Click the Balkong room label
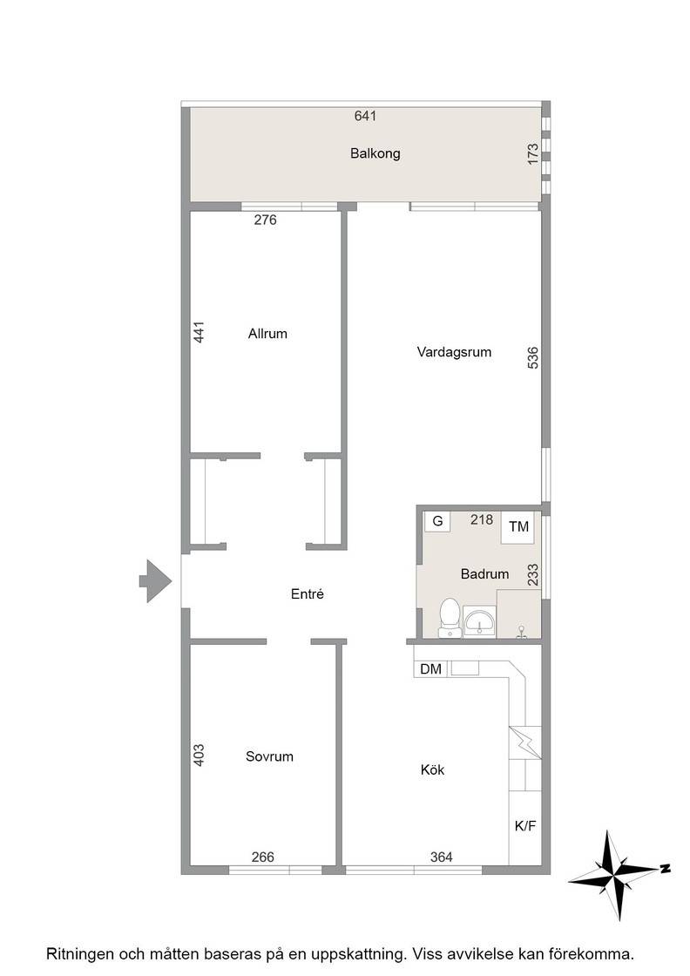(375, 153)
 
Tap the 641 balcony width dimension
(365, 116)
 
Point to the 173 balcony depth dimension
(532, 154)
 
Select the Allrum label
(267, 334)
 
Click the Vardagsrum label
(454, 352)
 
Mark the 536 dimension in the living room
(532, 358)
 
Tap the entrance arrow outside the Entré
(155, 580)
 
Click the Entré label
(308, 594)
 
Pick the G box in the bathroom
(437, 522)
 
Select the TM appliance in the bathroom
(519, 527)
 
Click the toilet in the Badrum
(450, 618)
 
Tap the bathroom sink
(479, 621)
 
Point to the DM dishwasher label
(430, 669)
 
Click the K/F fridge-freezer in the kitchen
(525, 827)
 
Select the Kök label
(432, 770)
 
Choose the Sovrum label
(269, 757)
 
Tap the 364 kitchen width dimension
(441, 857)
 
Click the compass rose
(615, 875)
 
